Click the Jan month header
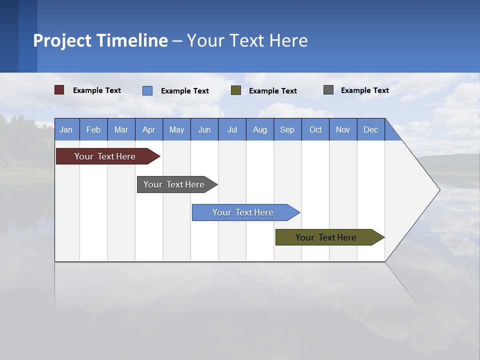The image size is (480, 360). click(66, 129)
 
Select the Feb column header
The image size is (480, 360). click(93, 129)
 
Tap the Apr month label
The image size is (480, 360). click(148, 129)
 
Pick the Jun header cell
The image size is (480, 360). click(204, 129)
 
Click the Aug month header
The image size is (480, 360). click(259, 129)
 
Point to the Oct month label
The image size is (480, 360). click(315, 129)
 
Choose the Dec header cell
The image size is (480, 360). click(370, 129)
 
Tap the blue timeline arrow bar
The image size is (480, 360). click(243, 212)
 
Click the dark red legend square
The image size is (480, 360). click(59, 90)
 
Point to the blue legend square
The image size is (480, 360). click(147, 90)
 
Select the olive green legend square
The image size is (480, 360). click(236, 90)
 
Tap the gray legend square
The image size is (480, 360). click(328, 90)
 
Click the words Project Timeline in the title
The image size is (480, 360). click(100, 40)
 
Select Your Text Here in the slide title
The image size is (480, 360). click(247, 40)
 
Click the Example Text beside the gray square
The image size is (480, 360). click(364, 90)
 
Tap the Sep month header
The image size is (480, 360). click(287, 129)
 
